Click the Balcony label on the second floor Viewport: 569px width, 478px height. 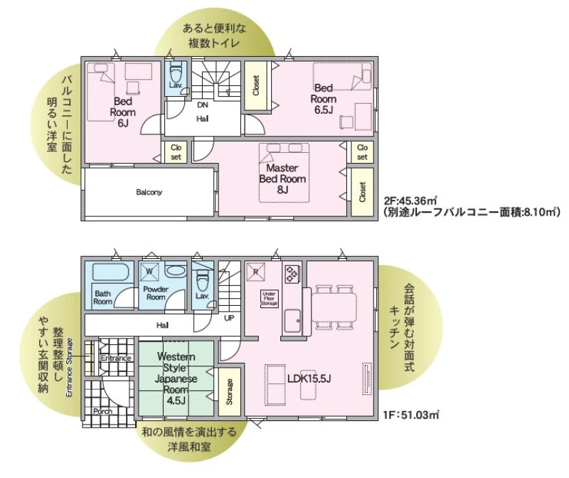149,192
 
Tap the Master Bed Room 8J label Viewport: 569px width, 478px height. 282,179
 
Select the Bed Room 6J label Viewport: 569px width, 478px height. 122,112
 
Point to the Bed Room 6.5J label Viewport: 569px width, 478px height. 324,99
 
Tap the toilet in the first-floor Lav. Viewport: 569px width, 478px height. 202,280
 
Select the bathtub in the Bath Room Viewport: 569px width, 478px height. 111,272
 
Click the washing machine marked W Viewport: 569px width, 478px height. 149,271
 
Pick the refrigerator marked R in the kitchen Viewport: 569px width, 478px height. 256,272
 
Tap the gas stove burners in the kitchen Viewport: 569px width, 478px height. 292,274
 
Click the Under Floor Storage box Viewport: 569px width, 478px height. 270,298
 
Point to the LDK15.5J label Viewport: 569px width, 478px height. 309,379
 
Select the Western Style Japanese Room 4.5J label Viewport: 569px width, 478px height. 176,378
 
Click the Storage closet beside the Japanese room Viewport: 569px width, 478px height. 229,392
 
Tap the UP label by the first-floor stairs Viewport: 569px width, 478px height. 229,318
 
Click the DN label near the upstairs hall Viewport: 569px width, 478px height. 203,105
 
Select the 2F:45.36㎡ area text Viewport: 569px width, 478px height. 410,200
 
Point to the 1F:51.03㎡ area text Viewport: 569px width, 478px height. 411,415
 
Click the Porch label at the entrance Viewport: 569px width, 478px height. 102,412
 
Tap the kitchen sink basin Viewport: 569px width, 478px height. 292,321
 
